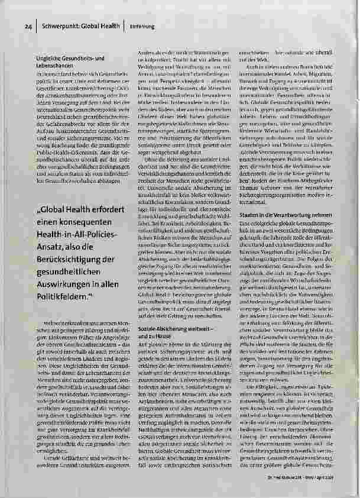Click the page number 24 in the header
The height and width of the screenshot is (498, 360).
tap(27, 26)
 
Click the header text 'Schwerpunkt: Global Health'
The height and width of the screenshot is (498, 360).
tap(79, 26)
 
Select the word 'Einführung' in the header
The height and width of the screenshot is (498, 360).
tap(141, 26)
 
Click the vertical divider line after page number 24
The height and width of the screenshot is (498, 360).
tap(36, 26)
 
